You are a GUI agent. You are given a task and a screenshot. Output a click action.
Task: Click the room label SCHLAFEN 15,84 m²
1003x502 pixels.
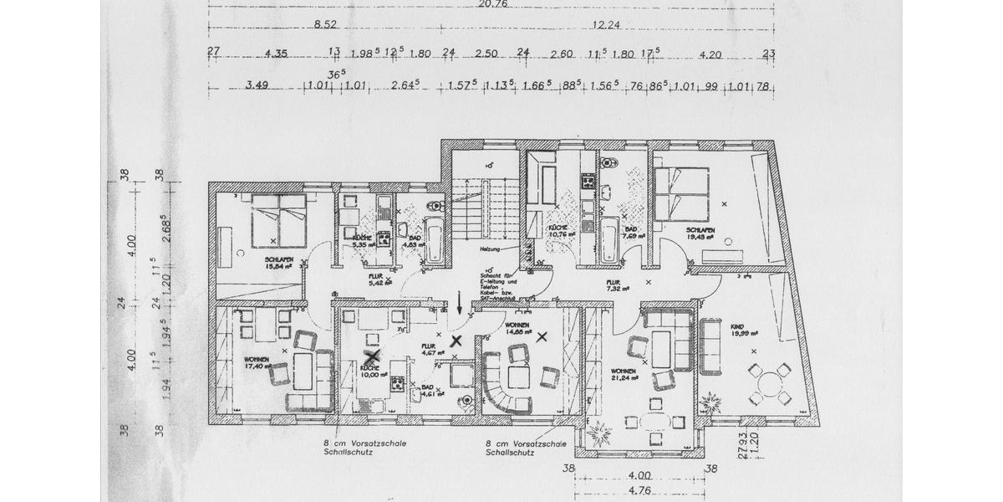click(278, 264)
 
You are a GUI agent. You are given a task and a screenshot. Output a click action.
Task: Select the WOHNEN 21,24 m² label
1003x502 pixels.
click(624, 374)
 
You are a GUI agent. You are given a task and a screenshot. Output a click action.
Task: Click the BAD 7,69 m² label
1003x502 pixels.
click(631, 233)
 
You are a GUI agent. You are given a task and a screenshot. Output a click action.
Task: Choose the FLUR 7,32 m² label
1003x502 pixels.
click(619, 286)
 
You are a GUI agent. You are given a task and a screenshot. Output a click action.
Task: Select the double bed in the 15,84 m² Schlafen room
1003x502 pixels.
click(279, 214)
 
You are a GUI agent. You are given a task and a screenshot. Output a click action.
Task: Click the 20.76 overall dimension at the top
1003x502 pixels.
click(491, 3)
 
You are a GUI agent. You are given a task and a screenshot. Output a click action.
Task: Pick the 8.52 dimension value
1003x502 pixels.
click(326, 25)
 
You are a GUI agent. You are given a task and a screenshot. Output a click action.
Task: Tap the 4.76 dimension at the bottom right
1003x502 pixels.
click(639, 490)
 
